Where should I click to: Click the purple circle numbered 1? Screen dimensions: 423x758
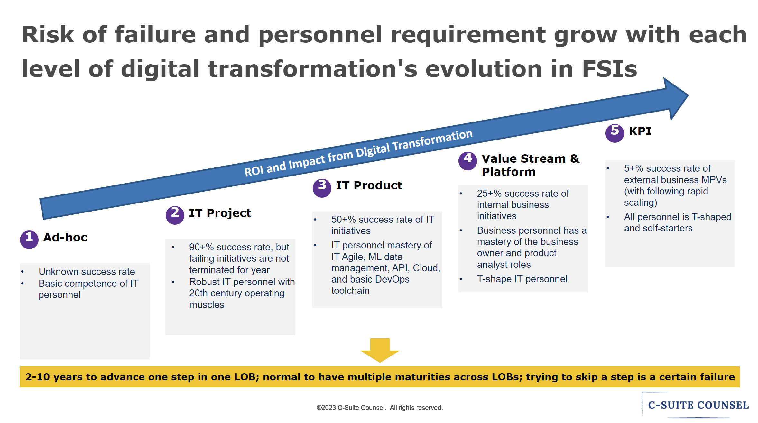pos(29,239)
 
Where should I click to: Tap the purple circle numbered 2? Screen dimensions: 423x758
pos(175,215)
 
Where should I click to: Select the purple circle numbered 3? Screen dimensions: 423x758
pos(322,188)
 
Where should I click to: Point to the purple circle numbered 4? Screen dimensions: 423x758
pos(468,161)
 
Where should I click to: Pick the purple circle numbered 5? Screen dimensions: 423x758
pos(615,133)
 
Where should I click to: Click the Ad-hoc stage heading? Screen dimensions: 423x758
pos(65,238)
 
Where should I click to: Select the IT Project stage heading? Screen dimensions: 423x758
pos(220,213)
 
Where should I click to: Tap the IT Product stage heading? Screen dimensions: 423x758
pos(369,185)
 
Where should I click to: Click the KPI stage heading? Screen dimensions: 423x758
pos(640,131)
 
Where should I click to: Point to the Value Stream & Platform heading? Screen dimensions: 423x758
pos(530,165)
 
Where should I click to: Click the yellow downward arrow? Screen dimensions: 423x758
pos(380,350)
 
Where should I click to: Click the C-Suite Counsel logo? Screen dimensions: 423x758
pos(698,405)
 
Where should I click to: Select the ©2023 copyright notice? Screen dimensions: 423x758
pos(380,408)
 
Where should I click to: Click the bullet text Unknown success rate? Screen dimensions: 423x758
pos(87,272)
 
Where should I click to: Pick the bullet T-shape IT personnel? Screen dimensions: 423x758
pos(522,279)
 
